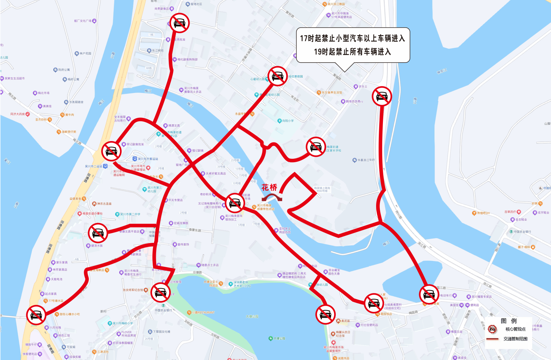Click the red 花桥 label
click(269, 187)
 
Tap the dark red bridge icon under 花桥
click(272, 197)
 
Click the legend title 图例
click(509, 321)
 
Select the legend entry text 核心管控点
click(515, 329)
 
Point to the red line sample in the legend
click(492, 339)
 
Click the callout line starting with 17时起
click(353, 38)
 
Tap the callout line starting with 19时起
click(353, 52)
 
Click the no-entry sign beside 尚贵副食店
click(179, 23)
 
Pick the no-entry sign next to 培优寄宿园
click(277, 76)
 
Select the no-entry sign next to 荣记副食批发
click(111, 151)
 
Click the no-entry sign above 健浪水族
click(98, 233)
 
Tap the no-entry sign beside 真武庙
click(325, 314)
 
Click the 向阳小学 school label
click(288, 121)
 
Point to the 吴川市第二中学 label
click(130, 214)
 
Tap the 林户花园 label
click(85, 53)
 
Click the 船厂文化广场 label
click(83, 21)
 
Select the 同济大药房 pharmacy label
click(18, 114)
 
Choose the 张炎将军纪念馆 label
click(133, 290)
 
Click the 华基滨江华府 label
click(366, 160)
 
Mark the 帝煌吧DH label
click(483, 213)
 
